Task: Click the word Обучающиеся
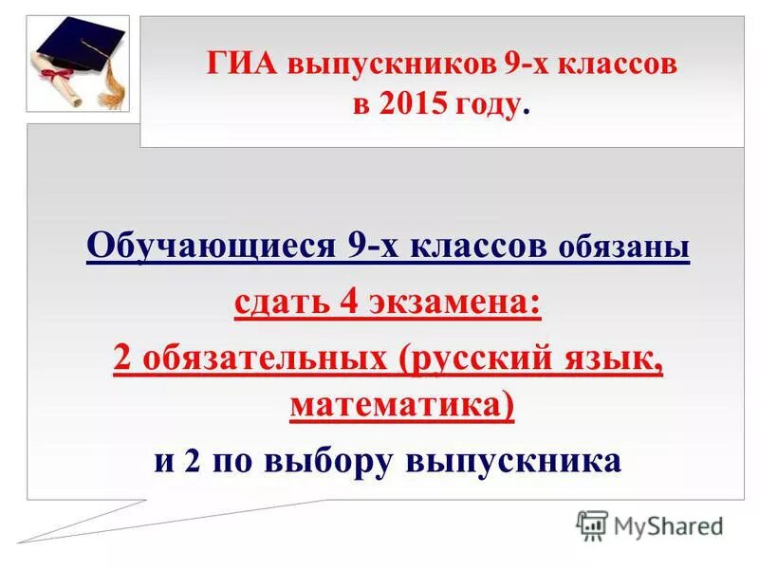[205, 248]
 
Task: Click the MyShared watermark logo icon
[592, 524]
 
